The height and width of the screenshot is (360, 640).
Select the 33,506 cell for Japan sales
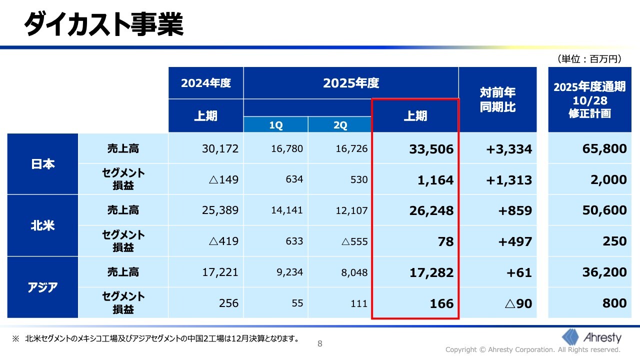431,149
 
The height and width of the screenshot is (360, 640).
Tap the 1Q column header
276,125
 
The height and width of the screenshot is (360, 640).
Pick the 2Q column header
340,125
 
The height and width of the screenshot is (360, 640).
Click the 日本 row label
43,164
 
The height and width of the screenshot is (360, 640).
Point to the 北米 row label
43,225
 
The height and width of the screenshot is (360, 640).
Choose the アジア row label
43,287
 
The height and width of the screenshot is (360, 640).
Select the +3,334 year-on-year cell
509,149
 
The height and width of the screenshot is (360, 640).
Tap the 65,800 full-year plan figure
604,148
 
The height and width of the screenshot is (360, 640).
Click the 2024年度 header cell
206,83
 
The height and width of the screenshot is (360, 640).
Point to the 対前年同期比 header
497,99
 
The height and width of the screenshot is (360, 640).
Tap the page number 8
320,343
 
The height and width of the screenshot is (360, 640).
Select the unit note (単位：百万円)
589,59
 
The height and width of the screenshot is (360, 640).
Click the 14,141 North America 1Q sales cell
287,210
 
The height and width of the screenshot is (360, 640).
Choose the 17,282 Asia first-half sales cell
431,272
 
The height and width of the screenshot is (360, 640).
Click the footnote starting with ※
155,338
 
